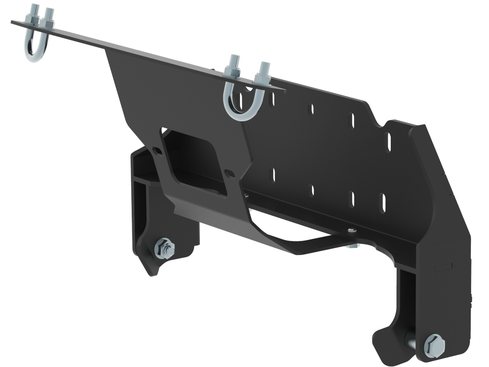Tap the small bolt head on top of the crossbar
pos(350,230)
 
